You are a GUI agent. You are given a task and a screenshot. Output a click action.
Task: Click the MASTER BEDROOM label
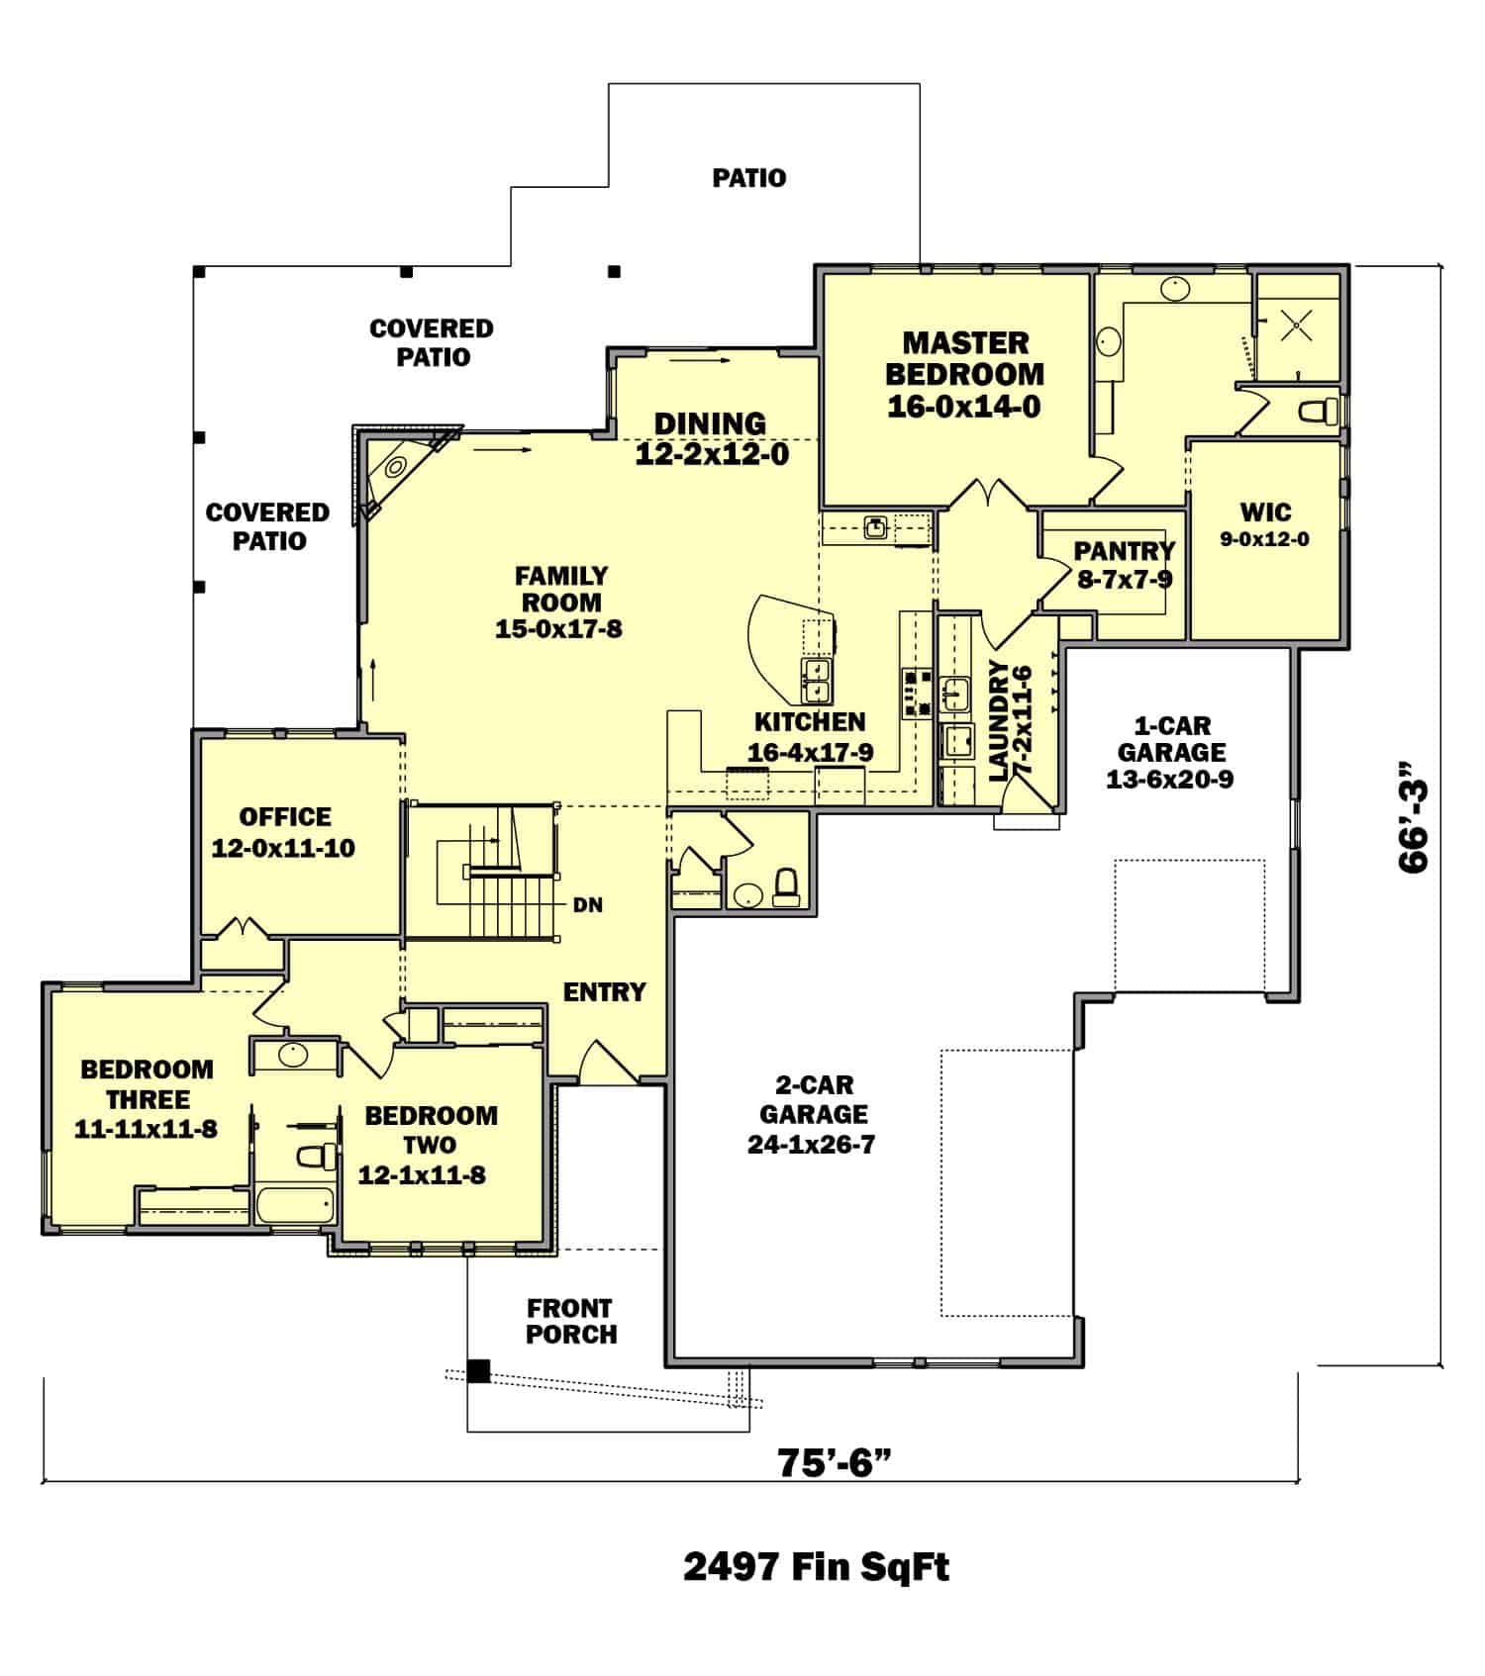point(964,359)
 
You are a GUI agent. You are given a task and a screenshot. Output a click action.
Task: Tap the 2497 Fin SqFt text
point(816,1566)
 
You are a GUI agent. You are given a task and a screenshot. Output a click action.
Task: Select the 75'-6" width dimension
point(828,1461)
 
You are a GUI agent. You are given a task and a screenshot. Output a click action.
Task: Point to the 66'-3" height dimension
point(1414,815)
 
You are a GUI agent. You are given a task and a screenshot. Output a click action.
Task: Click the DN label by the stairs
point(588,905)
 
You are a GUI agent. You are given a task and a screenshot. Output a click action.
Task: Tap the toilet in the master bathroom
point(1318,410)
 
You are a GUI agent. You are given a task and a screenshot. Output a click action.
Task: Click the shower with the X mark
point(1296,325)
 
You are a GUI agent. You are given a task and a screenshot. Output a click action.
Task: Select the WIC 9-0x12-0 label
point(1265,523)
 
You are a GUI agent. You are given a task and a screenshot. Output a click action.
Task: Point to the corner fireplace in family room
point(397,468)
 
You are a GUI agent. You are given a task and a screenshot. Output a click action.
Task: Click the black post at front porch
point(479,1371)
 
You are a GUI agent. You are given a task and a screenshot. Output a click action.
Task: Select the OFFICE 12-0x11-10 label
point(284,831)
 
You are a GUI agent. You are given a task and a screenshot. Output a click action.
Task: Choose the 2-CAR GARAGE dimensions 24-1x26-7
point(812,1146)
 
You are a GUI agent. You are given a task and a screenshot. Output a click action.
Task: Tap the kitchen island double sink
point(817,680)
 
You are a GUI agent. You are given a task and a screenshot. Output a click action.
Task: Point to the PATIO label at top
point(749,178)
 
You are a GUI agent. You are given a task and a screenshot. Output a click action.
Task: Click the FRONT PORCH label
point(571,1321)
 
